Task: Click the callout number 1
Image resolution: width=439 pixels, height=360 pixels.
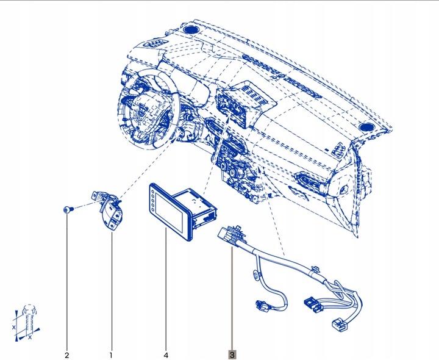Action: pos(111,354)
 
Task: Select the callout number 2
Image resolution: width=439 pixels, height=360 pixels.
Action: pos(67,354)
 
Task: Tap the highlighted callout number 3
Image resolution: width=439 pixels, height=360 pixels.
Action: pos(231,354)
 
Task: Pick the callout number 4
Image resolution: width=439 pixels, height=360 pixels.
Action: pos(166,354)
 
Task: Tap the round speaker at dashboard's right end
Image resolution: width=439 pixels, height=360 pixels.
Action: pos(367,126)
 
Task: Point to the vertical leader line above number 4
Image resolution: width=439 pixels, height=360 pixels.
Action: pos(166,287)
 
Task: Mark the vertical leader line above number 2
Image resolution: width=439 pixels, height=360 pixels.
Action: pos(67,281)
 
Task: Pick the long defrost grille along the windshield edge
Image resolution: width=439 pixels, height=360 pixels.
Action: pos(280,70)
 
